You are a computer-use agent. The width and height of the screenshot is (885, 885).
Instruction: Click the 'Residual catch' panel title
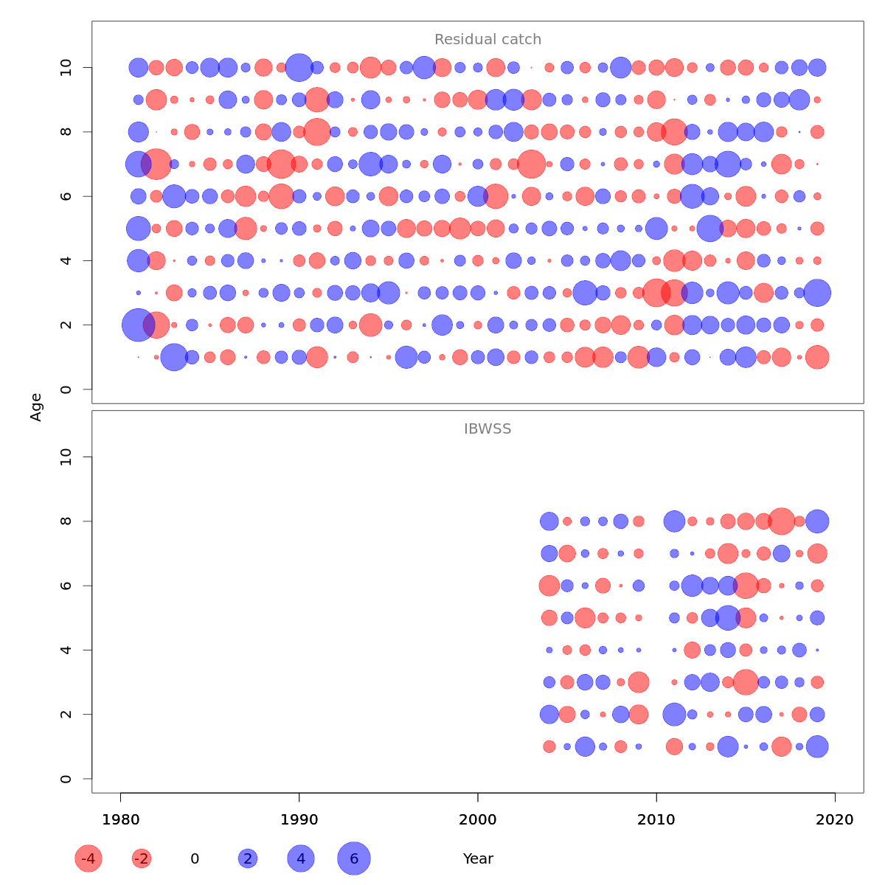point(487,40)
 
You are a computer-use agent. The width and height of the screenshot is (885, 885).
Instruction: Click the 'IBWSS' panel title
point(487,428)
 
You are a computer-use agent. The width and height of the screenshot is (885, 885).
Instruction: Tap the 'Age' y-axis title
point(36,407)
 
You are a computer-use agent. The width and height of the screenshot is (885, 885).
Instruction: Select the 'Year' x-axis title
point(478,858)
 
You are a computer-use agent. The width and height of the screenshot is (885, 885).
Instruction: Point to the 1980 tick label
point(120,819)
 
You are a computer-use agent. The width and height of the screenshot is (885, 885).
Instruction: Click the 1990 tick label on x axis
point(299,819)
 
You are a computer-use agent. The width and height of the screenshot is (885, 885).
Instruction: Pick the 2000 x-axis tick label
point(478,819)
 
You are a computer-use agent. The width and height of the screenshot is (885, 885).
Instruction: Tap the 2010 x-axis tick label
point(656,819)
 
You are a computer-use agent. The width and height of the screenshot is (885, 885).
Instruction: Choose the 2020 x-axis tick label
point(835,819)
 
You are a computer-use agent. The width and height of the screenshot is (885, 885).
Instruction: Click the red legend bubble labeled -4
point(88,858)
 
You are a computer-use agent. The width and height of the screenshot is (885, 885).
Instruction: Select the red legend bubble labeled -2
point(142,858)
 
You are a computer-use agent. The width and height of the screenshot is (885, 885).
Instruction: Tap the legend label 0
point(195,858)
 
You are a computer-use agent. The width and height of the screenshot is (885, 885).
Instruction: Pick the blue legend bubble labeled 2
point(248,858)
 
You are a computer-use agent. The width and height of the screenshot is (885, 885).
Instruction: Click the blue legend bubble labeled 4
point(301,858)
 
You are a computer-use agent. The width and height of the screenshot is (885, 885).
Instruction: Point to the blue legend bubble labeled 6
point(354,858)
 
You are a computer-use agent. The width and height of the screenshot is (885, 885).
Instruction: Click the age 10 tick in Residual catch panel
point(67,68)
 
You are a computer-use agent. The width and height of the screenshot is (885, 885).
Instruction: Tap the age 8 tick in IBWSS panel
point(67,521)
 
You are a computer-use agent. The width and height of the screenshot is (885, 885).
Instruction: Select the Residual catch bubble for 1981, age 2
point(138,324)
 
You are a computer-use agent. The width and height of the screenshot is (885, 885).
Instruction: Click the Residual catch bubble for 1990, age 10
point(299,67)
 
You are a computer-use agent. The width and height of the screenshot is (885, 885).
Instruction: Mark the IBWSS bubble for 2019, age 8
point(817,521)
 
